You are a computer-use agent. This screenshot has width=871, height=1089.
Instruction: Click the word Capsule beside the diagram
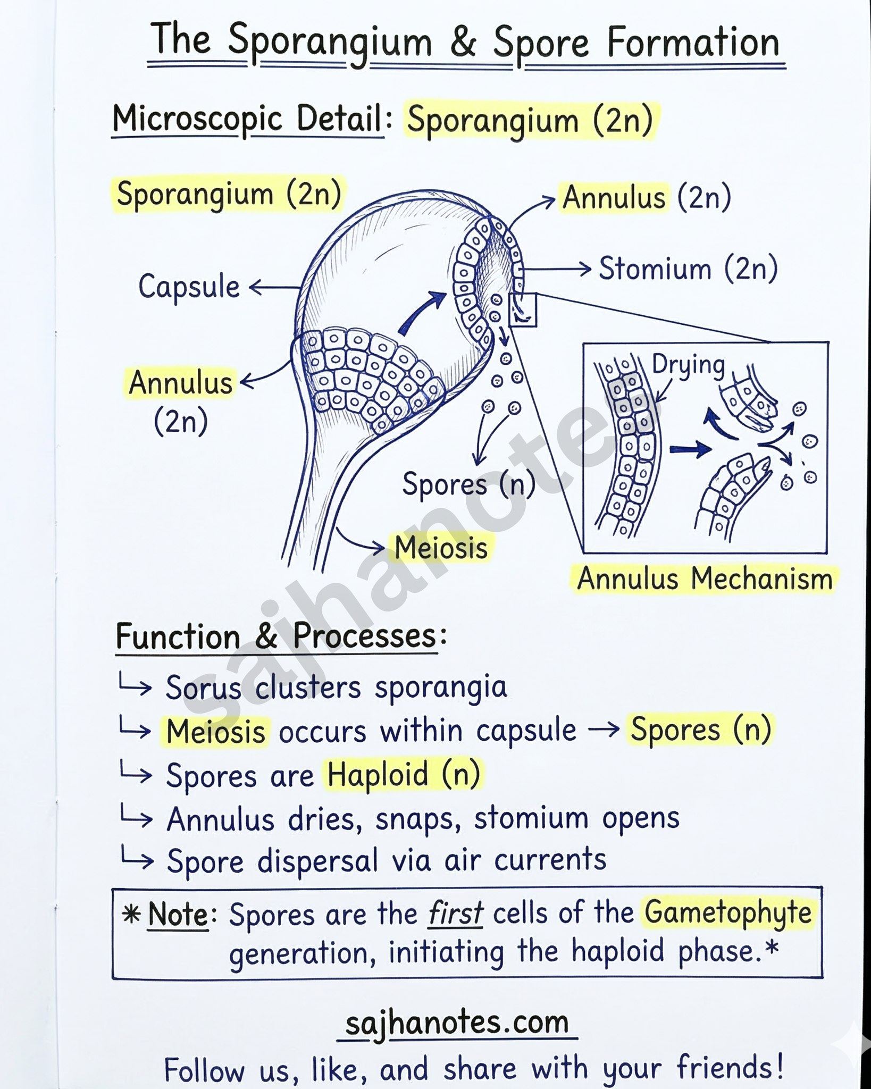point(189,288)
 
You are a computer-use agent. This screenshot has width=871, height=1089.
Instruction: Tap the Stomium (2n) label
point(688,269)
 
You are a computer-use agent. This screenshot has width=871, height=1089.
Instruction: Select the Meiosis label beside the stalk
point(441,548)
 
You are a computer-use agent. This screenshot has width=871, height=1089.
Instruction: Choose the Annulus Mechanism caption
point(705,579)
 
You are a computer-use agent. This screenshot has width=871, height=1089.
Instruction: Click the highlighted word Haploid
point(378,775)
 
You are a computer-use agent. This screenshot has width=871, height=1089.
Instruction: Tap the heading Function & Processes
point(277,636)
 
